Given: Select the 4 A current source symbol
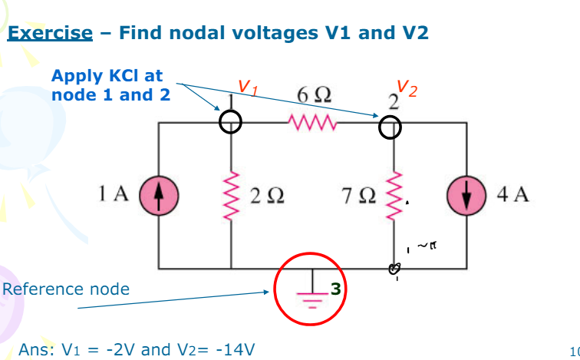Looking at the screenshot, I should [468, 194].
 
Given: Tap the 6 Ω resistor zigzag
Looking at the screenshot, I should [311, 122].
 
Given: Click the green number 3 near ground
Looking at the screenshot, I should [334, 289].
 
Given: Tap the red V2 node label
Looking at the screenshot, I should [408, 90].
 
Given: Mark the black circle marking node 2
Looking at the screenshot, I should [390, 128].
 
